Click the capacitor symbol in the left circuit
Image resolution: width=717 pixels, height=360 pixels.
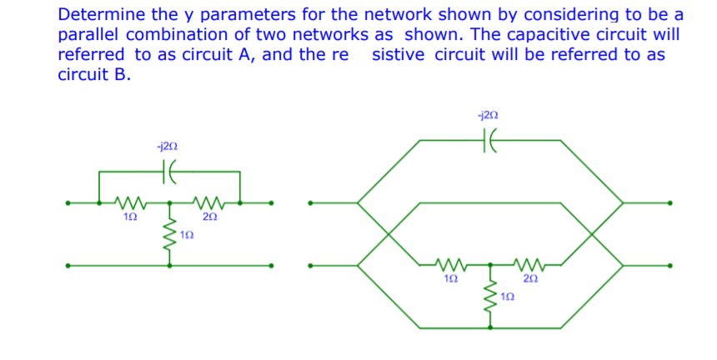169,172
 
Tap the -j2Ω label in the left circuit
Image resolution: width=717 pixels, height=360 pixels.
167,146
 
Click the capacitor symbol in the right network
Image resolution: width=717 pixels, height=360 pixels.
489,142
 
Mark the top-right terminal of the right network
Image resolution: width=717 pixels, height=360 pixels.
669,202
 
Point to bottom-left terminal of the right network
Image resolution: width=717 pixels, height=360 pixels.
310,266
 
